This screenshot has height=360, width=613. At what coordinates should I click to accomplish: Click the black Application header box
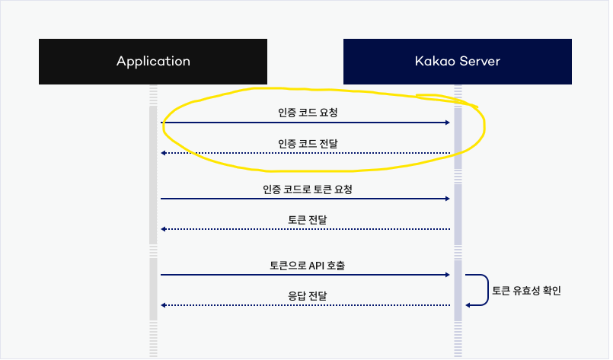coord(153,61)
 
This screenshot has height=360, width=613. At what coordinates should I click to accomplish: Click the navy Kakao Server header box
coord(458,61)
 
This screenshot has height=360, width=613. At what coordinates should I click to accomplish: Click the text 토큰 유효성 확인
coord(527,290)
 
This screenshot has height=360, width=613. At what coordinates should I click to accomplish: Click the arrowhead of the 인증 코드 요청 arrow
coord(448,123)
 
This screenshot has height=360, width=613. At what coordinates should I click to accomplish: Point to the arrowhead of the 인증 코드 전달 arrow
coord(163,153)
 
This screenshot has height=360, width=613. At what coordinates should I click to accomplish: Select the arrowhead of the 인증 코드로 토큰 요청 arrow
coord(448,199)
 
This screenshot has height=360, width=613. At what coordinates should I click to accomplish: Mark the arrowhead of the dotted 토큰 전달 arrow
coord(163,229)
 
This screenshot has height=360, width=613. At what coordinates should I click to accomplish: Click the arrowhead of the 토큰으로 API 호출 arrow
coord(448,275)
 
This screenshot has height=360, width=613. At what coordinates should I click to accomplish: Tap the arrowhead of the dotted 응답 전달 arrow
coord(163,305)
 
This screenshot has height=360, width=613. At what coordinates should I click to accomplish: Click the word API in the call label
coord(318,266)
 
